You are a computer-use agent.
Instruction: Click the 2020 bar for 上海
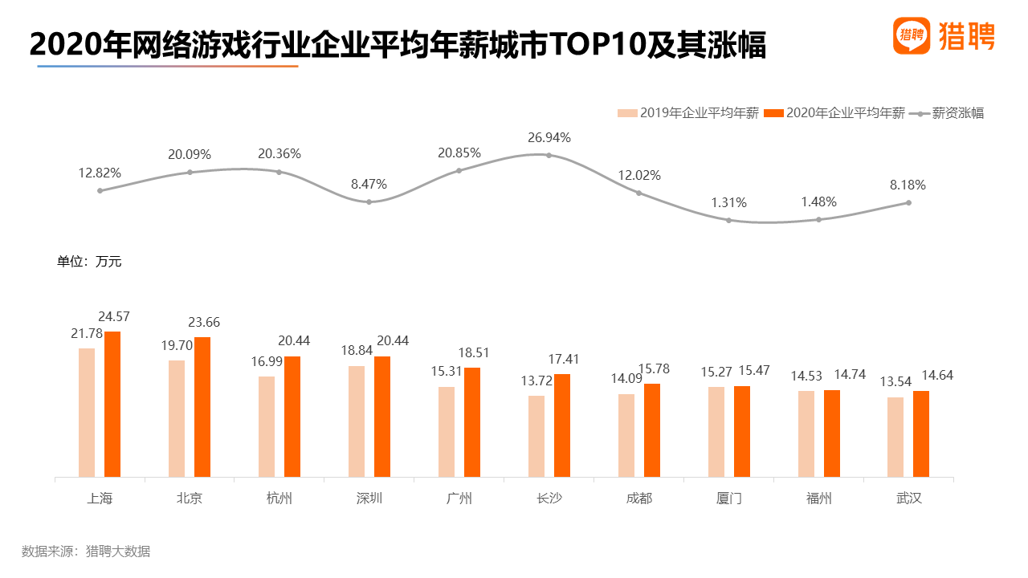click(112, 405)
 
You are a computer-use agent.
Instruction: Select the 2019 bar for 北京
click(177, 419)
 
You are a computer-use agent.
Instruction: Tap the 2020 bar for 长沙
click(562, 425)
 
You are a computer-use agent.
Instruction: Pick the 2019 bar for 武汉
click(895, 438)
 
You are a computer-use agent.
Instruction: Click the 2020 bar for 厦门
click(742, 432)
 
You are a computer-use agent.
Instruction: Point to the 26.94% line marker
click(549, 155)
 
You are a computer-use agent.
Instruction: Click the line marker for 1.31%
click(728, 220)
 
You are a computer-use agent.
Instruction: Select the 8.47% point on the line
click(369, 201)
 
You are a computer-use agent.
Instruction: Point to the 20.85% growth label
click(459, 153)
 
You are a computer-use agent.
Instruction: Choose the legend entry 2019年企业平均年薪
click(688, 113)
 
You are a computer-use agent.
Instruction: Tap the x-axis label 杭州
click(279, 499)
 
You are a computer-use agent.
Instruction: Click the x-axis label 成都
click(639, 499)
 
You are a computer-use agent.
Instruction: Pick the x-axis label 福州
click(819, 499)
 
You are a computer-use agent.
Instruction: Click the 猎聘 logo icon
click(912, 36)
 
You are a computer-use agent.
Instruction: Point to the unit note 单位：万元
click(89, 261)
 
